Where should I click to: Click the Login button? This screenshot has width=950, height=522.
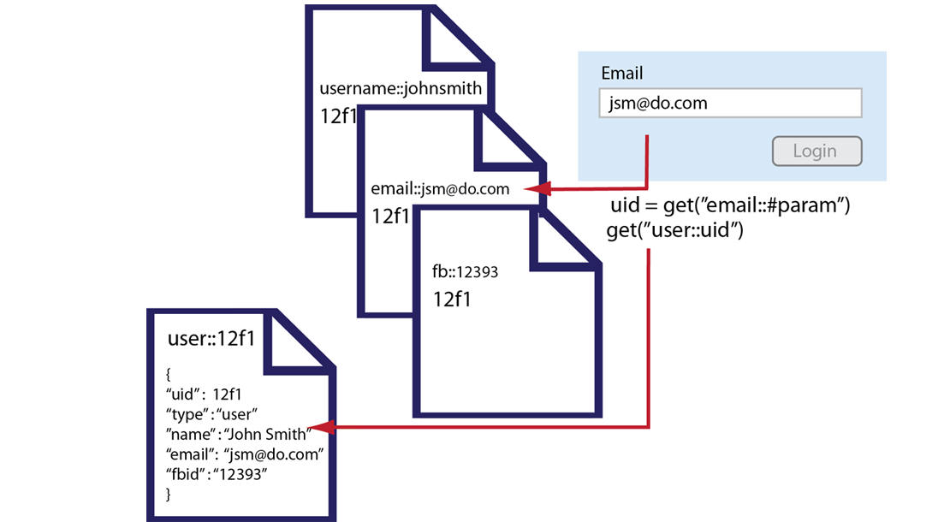point(816,151)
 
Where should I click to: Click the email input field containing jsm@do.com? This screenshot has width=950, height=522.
point(730,104)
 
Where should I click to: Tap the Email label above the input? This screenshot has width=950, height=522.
point(622,74)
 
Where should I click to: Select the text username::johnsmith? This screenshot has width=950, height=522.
point(401,88)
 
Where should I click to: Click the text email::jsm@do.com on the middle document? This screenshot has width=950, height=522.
point(440,188)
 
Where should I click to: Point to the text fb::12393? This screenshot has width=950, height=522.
point(466,272)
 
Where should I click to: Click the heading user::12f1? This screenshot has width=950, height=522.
point(211,339)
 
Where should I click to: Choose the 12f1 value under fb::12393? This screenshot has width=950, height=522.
point(452,300)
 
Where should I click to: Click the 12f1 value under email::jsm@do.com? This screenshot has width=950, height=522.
point(391,215)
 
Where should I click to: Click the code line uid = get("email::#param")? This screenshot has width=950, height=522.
point(729,206)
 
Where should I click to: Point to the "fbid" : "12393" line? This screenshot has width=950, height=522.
point(217,473)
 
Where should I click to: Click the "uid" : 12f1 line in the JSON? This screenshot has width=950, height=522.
point(205,394)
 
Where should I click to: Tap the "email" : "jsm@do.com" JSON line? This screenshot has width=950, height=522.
point(245,454)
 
